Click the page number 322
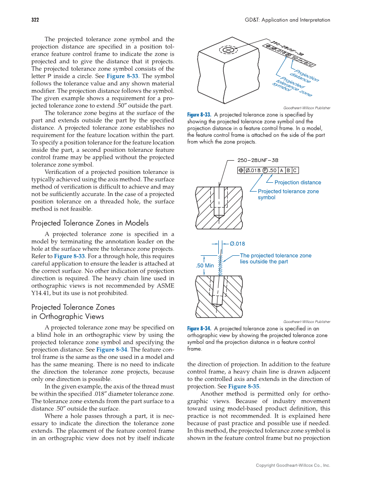(x=35, y=20)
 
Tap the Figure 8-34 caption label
(x=199, y=329)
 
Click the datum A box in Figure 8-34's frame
(x=281, y=170)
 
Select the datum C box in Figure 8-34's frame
(x=295, y=170)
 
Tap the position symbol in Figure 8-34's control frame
(x=241, y=170)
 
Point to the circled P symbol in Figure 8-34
(x=265, y=170)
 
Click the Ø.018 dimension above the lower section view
(x=237, y=243)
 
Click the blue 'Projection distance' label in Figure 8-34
(x=298, y=182)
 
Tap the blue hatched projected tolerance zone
(x=220, y=263)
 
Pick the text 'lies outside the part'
(x=264, y=262)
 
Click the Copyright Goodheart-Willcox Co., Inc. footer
(x=293, y=466)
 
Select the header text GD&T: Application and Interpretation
(x=287, y=20)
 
